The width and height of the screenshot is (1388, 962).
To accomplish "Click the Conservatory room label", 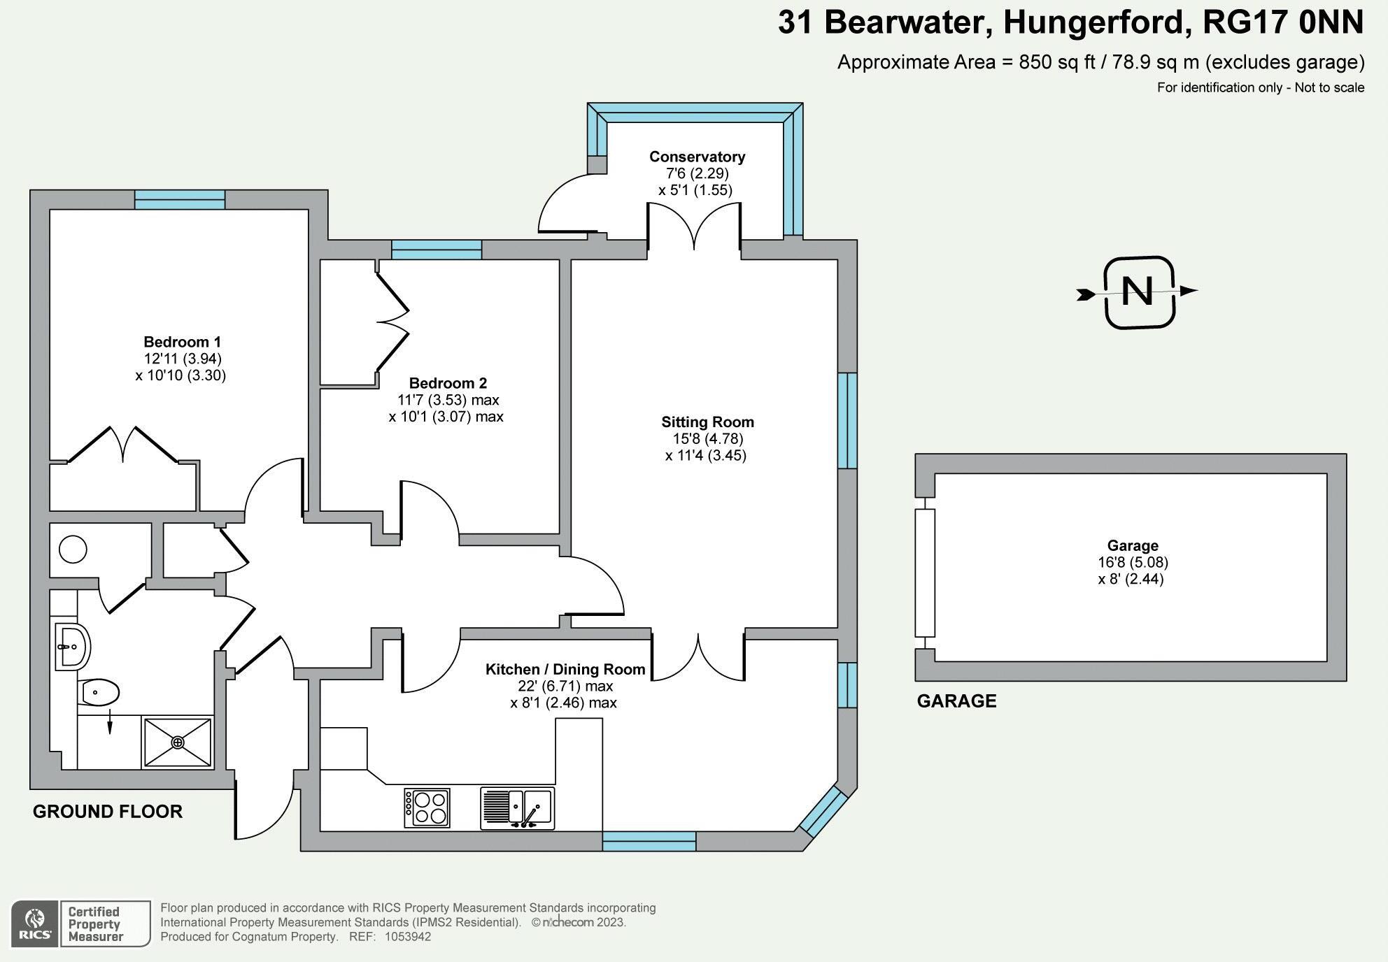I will [697, 157].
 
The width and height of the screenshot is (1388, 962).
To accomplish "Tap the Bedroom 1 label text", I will [182, 342].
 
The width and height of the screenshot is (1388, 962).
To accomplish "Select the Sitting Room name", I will [707, 422].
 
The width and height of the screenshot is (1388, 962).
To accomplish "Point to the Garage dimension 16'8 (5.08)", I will [1133, 562].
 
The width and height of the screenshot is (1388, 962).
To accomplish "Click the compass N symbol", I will [1138, 292].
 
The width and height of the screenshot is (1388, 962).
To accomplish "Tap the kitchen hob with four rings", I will [427, 807].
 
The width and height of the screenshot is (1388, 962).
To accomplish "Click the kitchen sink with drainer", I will [518, 807].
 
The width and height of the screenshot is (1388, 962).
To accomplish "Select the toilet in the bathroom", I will [101, 693].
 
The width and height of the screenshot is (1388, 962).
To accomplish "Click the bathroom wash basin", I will [72, 647].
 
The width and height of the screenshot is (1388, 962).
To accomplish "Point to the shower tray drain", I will [178, 742].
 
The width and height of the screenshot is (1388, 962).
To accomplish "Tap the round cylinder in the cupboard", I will [73, 549].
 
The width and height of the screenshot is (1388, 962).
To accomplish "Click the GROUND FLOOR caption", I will [108, 812].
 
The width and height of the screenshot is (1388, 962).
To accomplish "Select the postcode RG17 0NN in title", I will [1282, 22].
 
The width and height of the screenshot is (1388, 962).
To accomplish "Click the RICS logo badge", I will [34, 924].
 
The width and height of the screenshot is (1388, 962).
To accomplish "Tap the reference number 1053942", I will [408, 937].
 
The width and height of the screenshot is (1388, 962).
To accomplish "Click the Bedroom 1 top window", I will [180, 200].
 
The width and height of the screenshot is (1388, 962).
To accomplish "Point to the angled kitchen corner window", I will [823, 811].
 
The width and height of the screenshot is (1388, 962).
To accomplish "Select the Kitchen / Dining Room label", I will [565, 670].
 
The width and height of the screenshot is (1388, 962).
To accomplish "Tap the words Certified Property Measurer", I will [95, 924].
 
